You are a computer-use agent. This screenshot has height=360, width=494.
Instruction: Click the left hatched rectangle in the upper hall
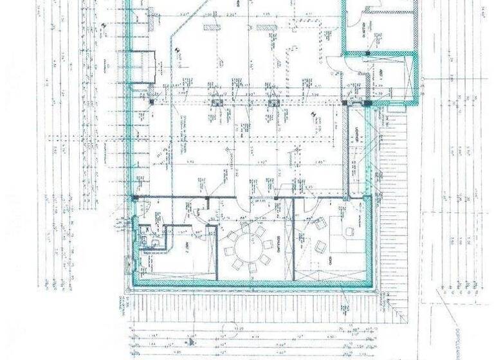tap(210, 27)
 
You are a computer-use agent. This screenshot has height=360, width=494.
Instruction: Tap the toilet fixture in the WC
tap(149, 240)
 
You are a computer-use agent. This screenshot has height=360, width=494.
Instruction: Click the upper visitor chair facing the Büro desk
tap(318, 222)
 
